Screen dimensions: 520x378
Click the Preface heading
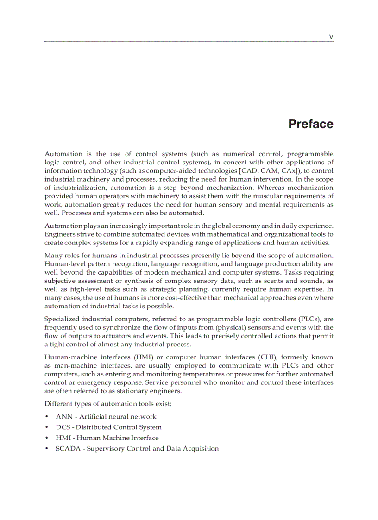pyautogui.click(x=310, y=124)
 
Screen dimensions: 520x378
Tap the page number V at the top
pyautogui.click(x=331, y=37)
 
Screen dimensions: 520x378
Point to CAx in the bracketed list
pyautogui.click(x=288, y=170)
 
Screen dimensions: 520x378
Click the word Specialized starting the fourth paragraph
pyautogui.click(x=62, y=319)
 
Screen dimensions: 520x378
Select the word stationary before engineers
pyautogui.click(x=133, y=391)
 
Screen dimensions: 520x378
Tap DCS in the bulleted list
pyautogui.click(x=63, y=427)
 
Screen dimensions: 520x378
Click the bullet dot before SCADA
pyautogui.click(x=47, y=449)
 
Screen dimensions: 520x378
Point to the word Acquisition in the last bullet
pyautogui.click(x=199, y=448)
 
